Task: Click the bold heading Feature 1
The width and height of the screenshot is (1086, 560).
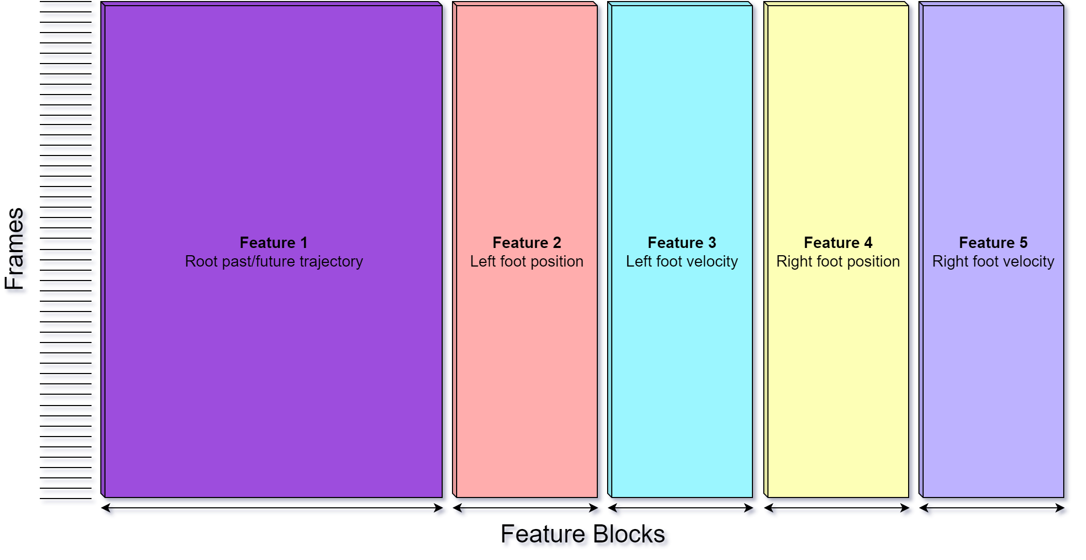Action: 274,242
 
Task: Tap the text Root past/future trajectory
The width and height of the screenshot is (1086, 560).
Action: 274,261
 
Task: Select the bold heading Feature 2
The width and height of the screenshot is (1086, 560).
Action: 526,242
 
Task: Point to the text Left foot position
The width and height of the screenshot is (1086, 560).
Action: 526,261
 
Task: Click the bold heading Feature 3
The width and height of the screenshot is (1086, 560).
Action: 682,242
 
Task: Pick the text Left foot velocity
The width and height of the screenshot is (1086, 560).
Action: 682,261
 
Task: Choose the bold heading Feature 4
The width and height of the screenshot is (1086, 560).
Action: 838,242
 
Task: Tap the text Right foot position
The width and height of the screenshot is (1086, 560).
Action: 838,261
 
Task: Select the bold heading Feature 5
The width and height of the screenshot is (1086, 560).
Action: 993,242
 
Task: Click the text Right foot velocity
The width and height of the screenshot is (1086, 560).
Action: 993,261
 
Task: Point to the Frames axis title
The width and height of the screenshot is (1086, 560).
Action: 17,252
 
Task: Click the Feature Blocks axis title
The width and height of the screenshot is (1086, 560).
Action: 585,535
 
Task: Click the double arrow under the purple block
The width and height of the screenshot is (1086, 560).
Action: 274,511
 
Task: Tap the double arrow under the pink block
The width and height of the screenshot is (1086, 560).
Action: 528,511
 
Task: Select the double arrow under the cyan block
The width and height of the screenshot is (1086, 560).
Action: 683,511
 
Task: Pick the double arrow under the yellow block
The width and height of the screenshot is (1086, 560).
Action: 839,511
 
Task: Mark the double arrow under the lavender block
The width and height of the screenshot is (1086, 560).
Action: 994,511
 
